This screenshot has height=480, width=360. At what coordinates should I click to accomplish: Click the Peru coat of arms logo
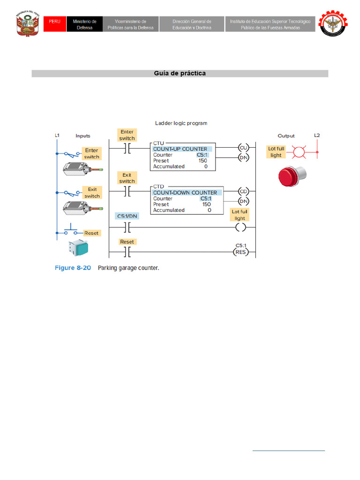click(27, 23)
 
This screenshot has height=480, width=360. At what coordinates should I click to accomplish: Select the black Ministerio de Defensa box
click(85, 24)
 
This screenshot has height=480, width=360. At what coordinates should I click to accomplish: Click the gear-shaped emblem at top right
click(334, 23)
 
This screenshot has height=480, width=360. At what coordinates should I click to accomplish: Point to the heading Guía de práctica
click(180, 74)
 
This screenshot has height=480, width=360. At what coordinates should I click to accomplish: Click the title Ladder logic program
click(181, 123)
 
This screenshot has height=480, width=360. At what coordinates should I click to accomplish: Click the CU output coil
click(243, 147)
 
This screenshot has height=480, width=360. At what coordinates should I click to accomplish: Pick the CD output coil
click(243, 191)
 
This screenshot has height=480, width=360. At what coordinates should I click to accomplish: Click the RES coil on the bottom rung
click(240, 252)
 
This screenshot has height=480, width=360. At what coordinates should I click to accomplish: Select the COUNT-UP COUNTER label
click(180, 149)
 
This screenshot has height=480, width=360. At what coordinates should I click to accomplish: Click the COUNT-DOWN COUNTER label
click(185, 193)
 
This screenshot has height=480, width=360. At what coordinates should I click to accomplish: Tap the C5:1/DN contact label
click(127, 216)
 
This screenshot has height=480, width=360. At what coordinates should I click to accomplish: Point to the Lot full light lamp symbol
click(298, 152)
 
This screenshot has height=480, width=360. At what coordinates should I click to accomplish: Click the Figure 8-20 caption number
click(73, 268)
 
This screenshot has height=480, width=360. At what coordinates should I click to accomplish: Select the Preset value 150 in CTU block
click(203, 160)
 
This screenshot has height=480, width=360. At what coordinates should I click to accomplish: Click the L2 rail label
click(317, 135)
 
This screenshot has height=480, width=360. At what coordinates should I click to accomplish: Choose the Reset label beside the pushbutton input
click(92, 233)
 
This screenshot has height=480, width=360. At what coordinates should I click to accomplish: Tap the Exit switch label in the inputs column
click(92, 193)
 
